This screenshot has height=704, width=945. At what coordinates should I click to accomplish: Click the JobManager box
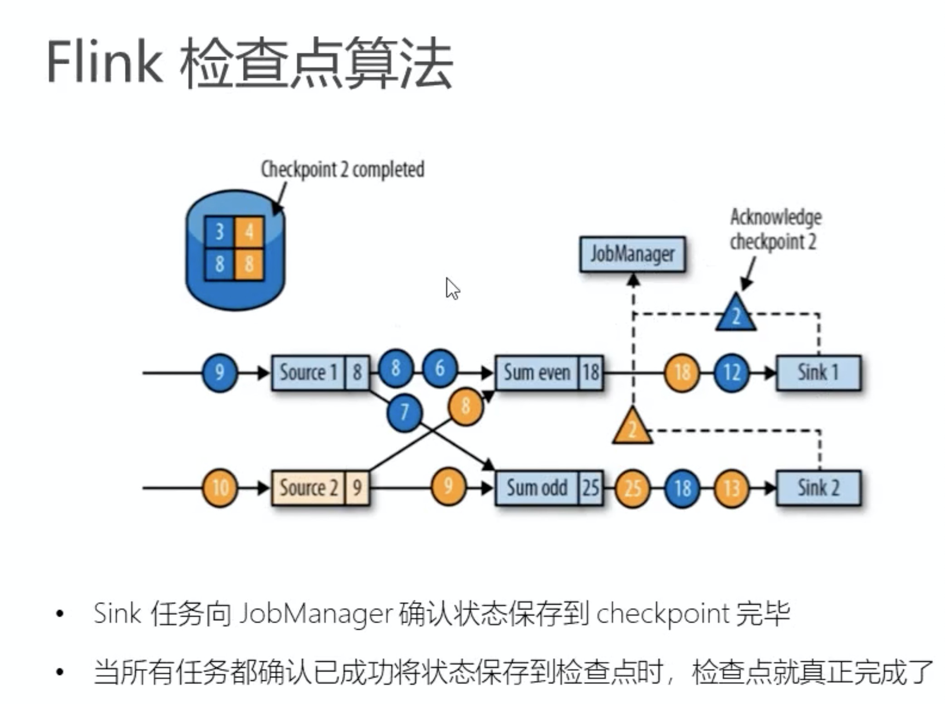[632, 254]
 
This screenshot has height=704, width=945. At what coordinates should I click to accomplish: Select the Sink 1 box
[818, 372]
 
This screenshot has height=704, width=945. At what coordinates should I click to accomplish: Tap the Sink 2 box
[818, 488]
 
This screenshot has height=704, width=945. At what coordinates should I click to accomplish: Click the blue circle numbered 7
[404, 412]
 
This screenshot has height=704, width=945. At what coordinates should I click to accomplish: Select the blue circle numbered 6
[439, 368]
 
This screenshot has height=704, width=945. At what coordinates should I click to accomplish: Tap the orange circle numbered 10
[220, 488]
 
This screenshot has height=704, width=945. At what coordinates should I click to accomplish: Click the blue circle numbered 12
[731, 372]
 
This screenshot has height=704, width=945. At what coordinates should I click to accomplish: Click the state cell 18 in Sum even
[591, 372]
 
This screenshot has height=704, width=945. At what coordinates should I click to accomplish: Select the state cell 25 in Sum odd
[591, 488]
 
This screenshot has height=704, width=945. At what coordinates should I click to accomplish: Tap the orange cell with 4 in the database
[249, 232]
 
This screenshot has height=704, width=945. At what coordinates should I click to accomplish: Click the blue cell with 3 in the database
[219, 232]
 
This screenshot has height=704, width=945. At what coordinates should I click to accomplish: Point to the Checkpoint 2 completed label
[342, 170]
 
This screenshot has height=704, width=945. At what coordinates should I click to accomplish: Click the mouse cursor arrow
[452, 288]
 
